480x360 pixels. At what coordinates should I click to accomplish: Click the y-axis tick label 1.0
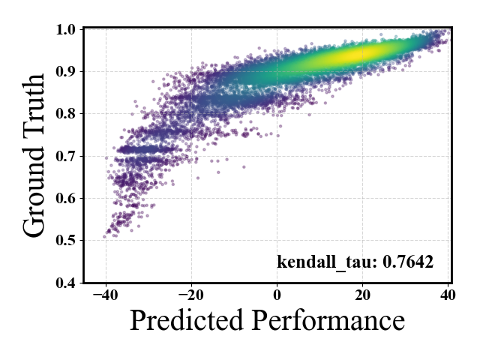coord(65,30)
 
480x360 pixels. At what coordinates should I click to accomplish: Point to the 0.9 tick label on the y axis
coord(65,72)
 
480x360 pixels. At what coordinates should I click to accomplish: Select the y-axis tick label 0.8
coord(65,114)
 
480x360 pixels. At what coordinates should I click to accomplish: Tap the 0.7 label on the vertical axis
coord(65,157)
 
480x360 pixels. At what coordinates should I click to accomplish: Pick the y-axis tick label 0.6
coord(65,198)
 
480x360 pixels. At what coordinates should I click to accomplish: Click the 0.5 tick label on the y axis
coord(65,241)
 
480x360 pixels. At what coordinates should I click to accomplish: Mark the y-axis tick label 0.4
coord(65,283)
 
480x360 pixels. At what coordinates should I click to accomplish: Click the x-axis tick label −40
coord(106,295)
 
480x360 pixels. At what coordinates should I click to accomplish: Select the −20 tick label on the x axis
coord(191,295)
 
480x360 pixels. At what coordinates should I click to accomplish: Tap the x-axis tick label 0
coord(277,295)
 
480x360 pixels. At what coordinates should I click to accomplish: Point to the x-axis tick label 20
coord(362,295)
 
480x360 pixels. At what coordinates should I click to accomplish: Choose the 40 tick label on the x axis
coord(448,295)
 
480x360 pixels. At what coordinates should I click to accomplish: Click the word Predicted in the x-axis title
coord(187,320)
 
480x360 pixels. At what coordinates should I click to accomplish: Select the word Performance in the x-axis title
coord(328,320)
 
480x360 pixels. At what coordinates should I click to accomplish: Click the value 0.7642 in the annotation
coord(408,262)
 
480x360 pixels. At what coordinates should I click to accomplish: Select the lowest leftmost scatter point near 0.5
coord(104,237)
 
